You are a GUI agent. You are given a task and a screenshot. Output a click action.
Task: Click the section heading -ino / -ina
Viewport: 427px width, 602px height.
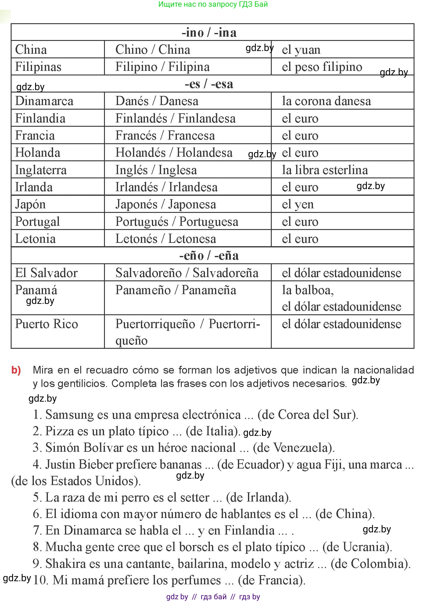point(209,32)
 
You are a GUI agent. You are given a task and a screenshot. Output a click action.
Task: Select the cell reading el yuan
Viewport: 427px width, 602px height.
point(301,50)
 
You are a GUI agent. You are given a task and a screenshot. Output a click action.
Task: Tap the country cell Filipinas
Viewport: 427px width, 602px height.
point(38,67)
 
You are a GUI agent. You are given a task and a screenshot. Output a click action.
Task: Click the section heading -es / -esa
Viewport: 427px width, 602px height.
point(209,84)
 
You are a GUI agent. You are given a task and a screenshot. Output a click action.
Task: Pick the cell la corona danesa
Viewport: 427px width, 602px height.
point(326,101)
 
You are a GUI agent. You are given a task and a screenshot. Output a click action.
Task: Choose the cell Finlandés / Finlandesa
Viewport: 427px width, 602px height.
point(175,119)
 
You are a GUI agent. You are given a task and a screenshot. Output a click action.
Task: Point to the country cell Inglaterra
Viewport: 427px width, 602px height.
point(41,170)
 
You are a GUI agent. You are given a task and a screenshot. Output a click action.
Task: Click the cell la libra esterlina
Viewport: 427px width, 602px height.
point(325,170)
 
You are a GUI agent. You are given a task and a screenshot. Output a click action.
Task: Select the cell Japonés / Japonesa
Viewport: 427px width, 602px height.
point(166,204)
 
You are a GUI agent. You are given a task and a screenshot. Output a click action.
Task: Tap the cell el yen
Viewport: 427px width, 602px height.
point(298,204)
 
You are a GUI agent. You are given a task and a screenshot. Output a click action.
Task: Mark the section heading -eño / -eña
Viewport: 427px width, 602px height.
point(209,256)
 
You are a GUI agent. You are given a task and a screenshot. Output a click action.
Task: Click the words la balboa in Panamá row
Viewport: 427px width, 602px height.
point(307,290)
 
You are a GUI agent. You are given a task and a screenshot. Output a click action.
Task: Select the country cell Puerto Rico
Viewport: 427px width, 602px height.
point(47,324)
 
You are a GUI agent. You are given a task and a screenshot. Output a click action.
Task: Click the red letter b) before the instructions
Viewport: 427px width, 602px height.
point(16,370)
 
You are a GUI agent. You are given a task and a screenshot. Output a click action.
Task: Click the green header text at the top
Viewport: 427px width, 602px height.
point(213,4)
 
